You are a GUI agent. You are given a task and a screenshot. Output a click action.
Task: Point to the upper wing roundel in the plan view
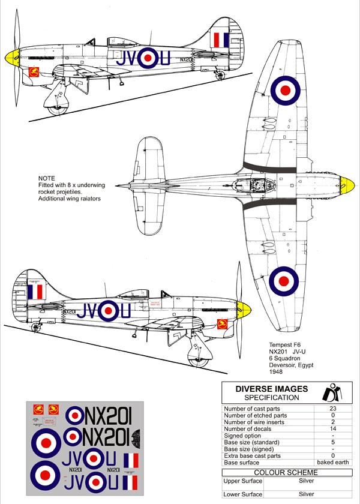point(286,90)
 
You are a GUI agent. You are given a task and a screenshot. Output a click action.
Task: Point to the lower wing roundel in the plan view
point(286,280)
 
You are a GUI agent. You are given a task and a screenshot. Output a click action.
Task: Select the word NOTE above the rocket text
point(46,178)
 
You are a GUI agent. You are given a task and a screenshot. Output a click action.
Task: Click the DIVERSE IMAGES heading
point(271,389)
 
